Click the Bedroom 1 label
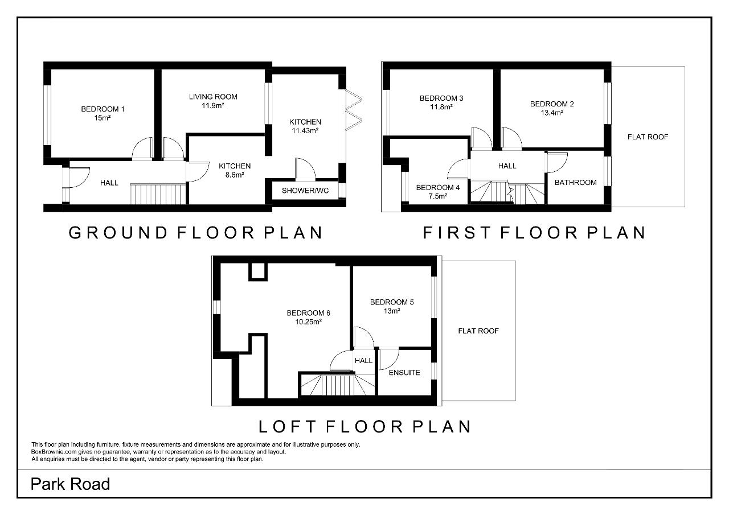click(x=103, y=109)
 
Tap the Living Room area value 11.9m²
click(x=213, y=106)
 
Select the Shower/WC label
click(x=305, y=191)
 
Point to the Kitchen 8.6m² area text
click(x=235, y=175)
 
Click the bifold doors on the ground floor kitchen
click(x=354, y=110)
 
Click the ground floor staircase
click(x=158, y=194)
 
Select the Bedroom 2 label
click(x=552, y=104)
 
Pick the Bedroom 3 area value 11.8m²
click(x=441, y=107)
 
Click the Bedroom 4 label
click(x=438, y=188)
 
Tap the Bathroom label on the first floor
click(x=575, y=183)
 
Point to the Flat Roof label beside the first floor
click(x=648, y=137)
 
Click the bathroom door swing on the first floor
click(x=557, y=163)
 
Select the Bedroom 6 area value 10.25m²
click(x=309, y=322)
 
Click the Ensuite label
click(x=404, y=373)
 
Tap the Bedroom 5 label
click(x=392, y=302)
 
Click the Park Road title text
click(x=70, y=484)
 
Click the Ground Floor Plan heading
click(x=195, y=233)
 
